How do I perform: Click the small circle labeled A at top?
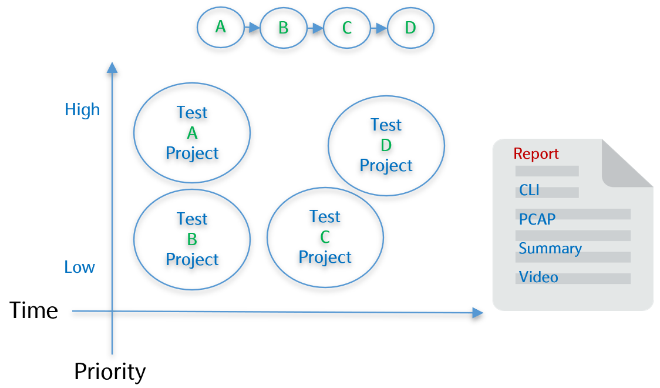(220, 27)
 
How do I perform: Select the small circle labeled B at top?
(284, 28)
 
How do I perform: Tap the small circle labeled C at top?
(346, 28)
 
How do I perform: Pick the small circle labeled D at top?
(410, 28)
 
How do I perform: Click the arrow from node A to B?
(252, 28)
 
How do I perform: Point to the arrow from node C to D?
(379, 28)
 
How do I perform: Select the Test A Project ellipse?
(192, 133)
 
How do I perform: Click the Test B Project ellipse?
(192, 239)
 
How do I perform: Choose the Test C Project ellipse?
(325, 237)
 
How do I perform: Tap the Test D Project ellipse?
(386, 145)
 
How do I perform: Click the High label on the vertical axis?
(82, 110)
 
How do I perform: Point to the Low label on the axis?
(79, 267)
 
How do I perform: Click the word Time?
(33, 310)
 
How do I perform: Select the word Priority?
(110, 372)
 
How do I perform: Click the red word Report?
(536, 154)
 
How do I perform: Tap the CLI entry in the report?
(529, 190)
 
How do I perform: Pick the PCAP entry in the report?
(537, 219)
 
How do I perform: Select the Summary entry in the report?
(550, 249)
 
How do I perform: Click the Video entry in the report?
(538, 277)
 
